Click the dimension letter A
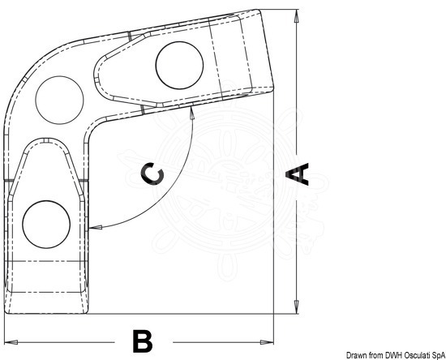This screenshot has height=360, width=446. pyautogui.click(x=298, y=174)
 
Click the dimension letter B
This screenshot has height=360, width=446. pyautogui.click(x=143, y=341)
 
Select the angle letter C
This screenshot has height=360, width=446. pyautogui.click(x=152, y=174)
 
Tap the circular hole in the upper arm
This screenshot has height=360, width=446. pyautogui.click(x=179, y=65)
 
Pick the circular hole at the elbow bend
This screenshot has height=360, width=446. pyautogui.click(x=59, y=100)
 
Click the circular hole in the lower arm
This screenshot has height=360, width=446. pyautogui.click(x=46, y=224)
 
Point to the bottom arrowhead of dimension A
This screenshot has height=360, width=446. pyautogui.click(x=296, y=306)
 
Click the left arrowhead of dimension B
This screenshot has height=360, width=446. pyautogui.click(x=11, y=342)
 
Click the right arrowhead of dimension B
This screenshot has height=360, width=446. pyautogui.click(x=267, y=342)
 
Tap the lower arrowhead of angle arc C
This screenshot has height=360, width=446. pyautogui.click(x=96, y=227)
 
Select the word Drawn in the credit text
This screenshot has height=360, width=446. pyautogui.click(x=354, y=355)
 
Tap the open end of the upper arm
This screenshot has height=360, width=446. pyautogui.click(x=267, y=49)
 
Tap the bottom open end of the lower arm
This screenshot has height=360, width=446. pyautogui.click(x=46, y=313)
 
